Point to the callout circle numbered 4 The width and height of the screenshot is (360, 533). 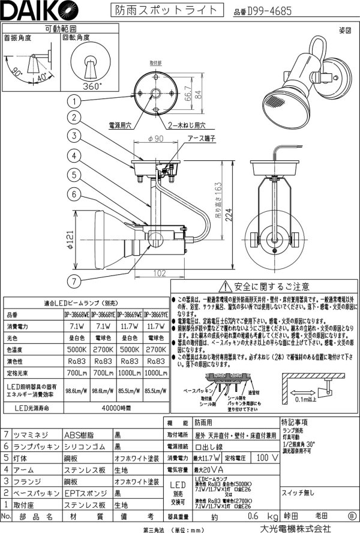click(x=75, y=155)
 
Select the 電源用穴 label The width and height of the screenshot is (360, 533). click(x=120, y=125)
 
